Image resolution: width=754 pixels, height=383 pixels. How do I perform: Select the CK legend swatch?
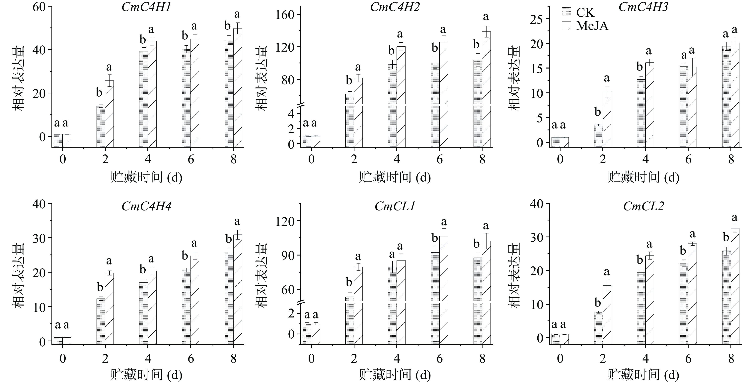point(566,12)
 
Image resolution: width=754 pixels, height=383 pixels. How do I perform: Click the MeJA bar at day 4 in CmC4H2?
point(401,96)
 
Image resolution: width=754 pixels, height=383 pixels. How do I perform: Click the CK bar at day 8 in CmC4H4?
point(229,298)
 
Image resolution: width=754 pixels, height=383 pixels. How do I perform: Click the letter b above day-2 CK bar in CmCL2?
point(598,303)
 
